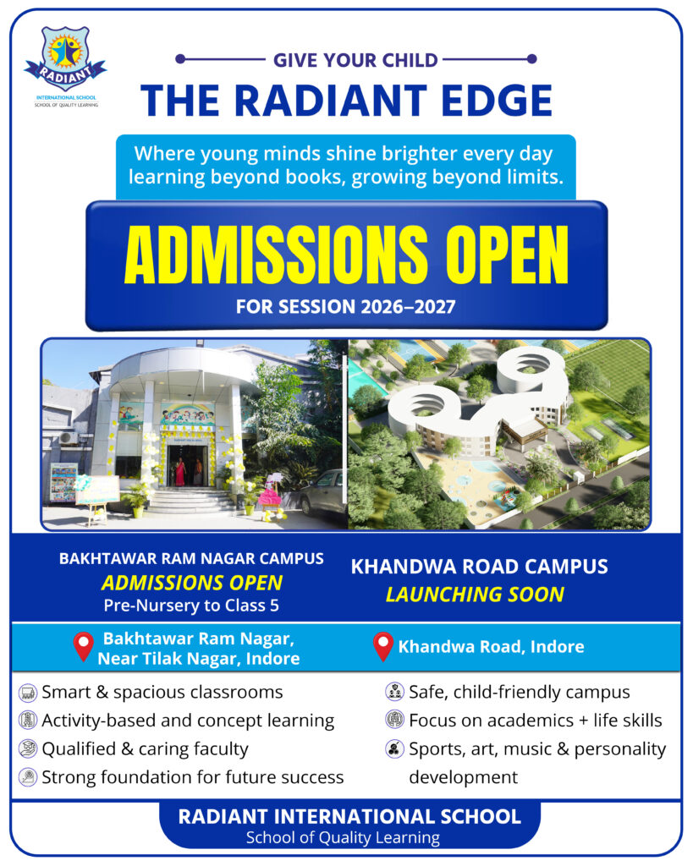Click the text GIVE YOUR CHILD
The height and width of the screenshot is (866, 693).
pyautogui.click(x=355, y=60)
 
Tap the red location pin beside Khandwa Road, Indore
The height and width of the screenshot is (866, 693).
pyautogui.click(x=383, y=647)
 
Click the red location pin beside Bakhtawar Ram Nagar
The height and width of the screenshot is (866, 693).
pyautogui.click(x=83, y=647)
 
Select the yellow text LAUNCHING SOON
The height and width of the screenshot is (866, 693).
pyautogui.click(x=475, y=595)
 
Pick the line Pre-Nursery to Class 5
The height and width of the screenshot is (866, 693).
pyautogui.click(x=191, y=606)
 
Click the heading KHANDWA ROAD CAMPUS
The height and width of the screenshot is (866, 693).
pyautogui.click(x=479, y=567)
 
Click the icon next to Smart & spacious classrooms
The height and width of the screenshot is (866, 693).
pyautogui.click(x=28, y=693)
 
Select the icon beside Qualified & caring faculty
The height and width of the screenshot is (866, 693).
pyautogui.click(x=28, y=748)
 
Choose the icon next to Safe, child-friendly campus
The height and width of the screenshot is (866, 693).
pyautogui.click(x=394, y=693)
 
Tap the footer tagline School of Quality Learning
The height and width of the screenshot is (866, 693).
pyautogui.click(x=343, y=838)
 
